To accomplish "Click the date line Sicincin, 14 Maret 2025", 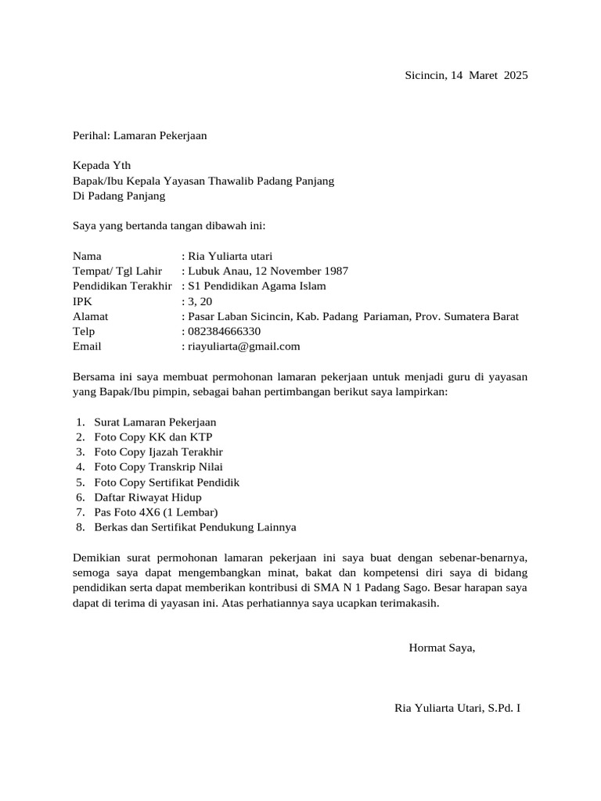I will tap(466, 76).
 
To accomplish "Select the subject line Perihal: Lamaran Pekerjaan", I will tap(139, 135).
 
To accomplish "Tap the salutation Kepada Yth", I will tap(102, 166).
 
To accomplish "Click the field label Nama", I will tap(87, 257).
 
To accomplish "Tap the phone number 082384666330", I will tap(225, 332).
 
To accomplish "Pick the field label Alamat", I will tap(90, 317).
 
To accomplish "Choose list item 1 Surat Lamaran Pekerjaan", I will tap(155, 422).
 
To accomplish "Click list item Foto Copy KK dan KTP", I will tap(153, 437).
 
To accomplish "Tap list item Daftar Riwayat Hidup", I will tap(147, 497).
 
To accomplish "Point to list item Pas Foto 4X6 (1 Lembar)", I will tap(156, 512).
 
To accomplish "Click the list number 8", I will tap(80, 527).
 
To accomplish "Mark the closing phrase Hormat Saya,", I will tap(441, 648).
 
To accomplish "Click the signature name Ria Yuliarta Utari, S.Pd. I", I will tap(458, 709).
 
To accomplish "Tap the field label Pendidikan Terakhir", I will tap(121, 286).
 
